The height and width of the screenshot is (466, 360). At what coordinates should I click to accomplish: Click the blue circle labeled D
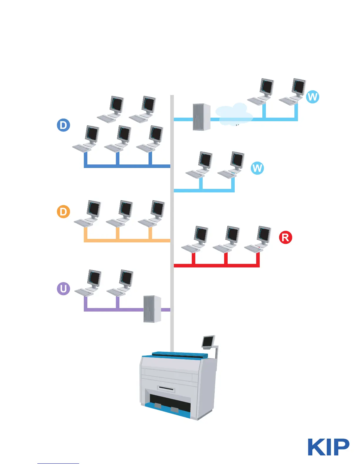[63, 125]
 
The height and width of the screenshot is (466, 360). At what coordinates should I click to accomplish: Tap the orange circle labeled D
[63, 212]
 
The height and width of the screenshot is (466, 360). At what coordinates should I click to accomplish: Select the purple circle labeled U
[63, 289]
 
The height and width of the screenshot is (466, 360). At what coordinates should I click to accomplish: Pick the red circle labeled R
[285, 237]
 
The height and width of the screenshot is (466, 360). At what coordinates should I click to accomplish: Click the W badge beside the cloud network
[312, 97]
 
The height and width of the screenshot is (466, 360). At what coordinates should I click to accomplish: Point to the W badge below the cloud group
[257, 168]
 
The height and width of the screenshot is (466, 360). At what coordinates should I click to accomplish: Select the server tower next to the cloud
[201, 117]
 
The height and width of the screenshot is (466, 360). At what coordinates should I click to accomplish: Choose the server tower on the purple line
[152, 309]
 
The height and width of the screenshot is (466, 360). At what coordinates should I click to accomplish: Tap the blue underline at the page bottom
[58, 463]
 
